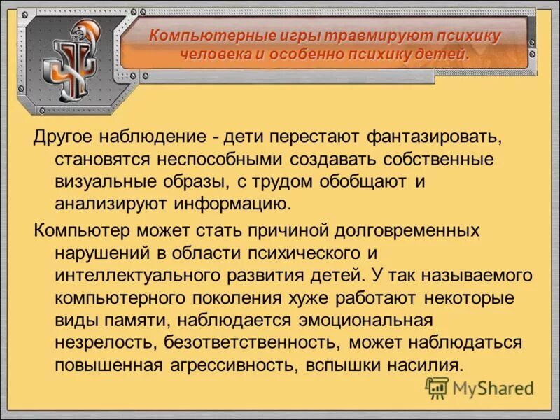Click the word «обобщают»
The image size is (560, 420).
tap(365, 181)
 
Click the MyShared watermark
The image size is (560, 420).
tap(479, 387)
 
